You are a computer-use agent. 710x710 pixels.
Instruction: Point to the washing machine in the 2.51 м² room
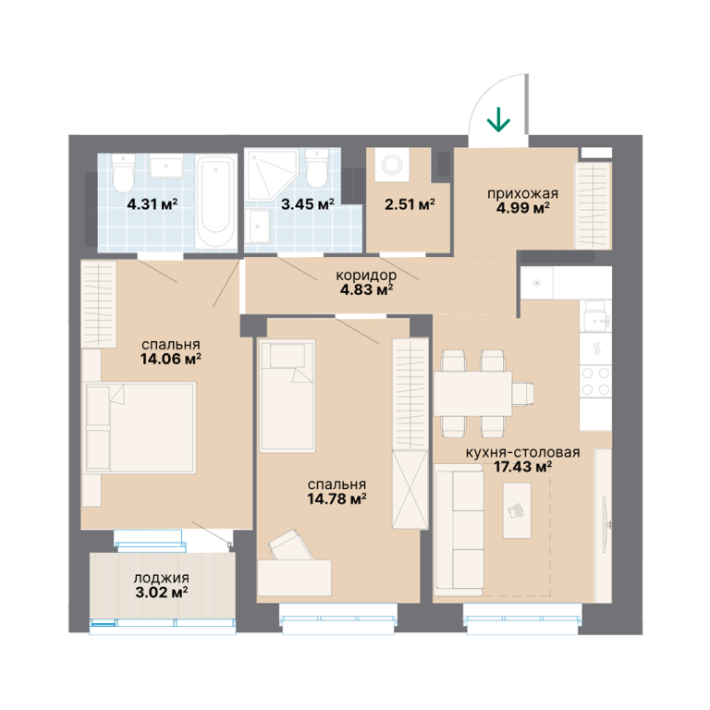pyautogui.click(x=390, y=164)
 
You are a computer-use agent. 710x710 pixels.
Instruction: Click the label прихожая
pyautogui.click(x=522, y=193)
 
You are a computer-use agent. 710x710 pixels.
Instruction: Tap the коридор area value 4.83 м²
pyautogui.click(x=366, y=288)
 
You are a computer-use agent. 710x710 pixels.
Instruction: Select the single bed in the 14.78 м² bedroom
pyautogui.click(x=288, y=396)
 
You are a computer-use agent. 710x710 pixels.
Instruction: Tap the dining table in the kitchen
pyautogui.click(x=472, y=394)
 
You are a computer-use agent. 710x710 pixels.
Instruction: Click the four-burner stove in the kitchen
pyautogui.click(x=596, y=381)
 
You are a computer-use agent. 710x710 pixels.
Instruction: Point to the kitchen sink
pyautogui.click(x=596, y=315)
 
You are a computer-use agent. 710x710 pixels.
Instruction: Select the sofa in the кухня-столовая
pyautogui.click(x=459, y=530)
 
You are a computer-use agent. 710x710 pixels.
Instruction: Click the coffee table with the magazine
pyautogui.click(x=517, y=510)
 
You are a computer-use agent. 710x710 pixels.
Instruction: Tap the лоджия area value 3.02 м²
pyautogui.click(x=162, y=592)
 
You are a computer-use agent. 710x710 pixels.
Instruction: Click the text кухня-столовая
pyautogui.click(x=522, y=452)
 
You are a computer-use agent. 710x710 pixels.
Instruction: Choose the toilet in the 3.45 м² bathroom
pyautogui.click(x=316, y=167)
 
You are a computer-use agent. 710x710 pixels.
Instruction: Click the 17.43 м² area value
pyautogui.click(x=522, y=466)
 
